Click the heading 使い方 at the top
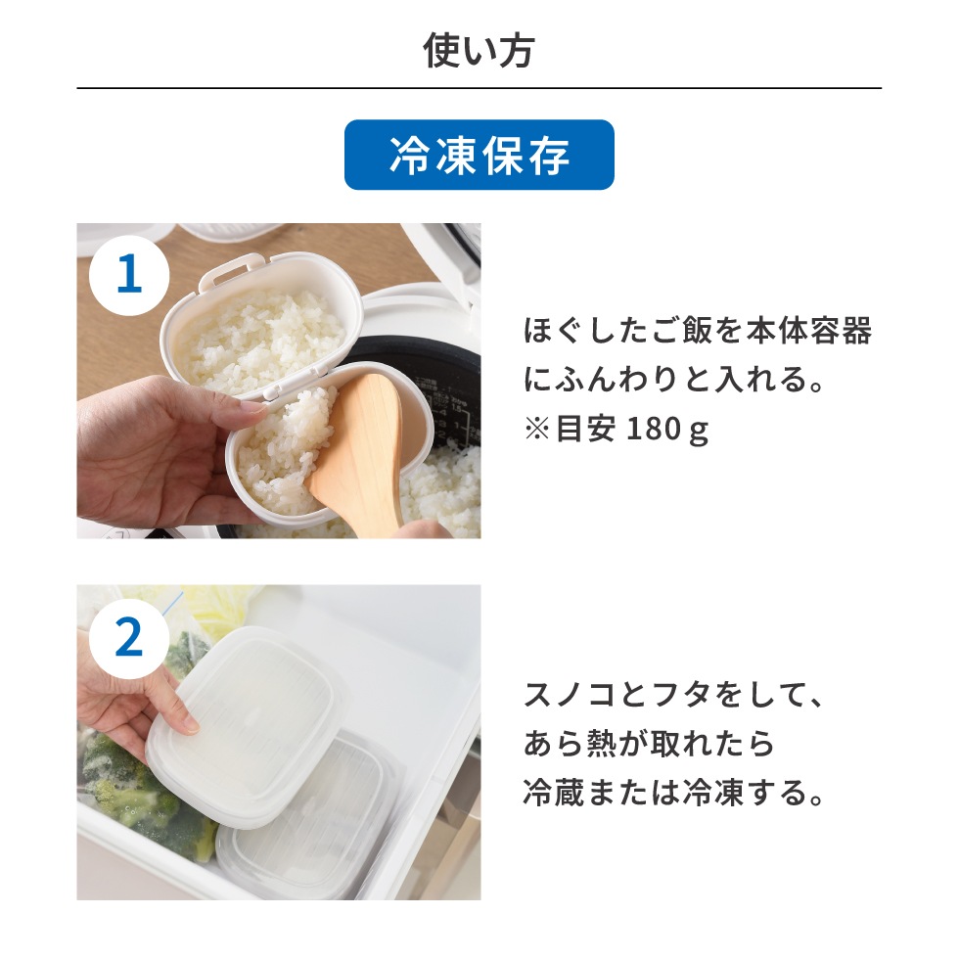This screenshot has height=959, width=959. click(479, 51)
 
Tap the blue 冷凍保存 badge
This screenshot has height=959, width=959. click(479, 156)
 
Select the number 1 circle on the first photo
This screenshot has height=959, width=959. click(128, 275)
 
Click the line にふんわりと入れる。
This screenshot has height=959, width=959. click(675, 382)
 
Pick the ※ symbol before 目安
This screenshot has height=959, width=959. click(536, 432)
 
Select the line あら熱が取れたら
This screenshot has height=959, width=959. click(649, 745)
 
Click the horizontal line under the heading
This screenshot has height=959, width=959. click(479, 89)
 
